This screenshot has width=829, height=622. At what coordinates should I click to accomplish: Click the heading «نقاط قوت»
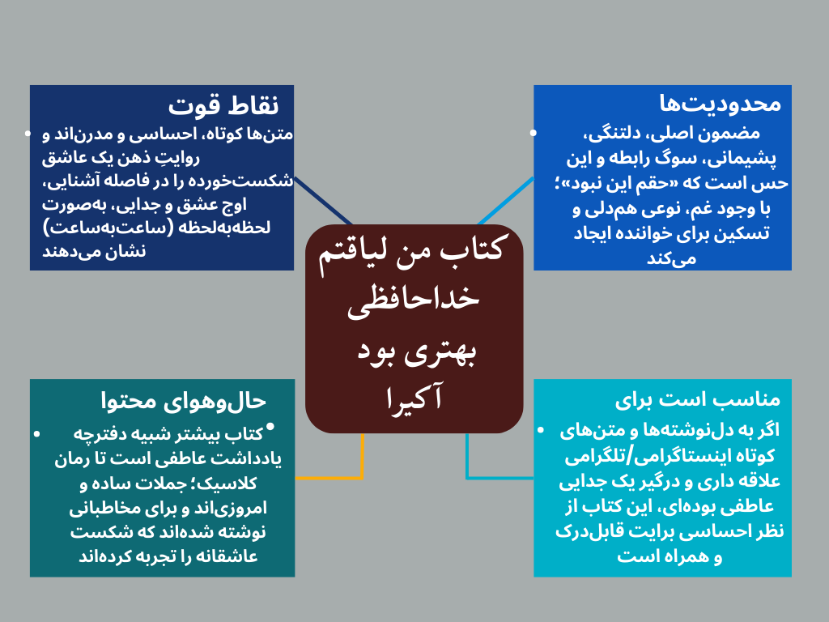pyautogui.click(x=223, y=105)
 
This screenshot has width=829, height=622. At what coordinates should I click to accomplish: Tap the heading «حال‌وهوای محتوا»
pyautogui.click(x=183, y=399)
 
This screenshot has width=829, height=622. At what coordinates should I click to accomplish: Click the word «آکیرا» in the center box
pyautogui.click(x=413, y=398)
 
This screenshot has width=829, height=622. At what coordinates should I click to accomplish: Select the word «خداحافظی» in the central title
pyautogui.click(x=414, y=299)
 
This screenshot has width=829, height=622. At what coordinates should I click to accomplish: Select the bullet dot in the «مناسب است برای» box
pyautogui.click(x=541, y=429)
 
